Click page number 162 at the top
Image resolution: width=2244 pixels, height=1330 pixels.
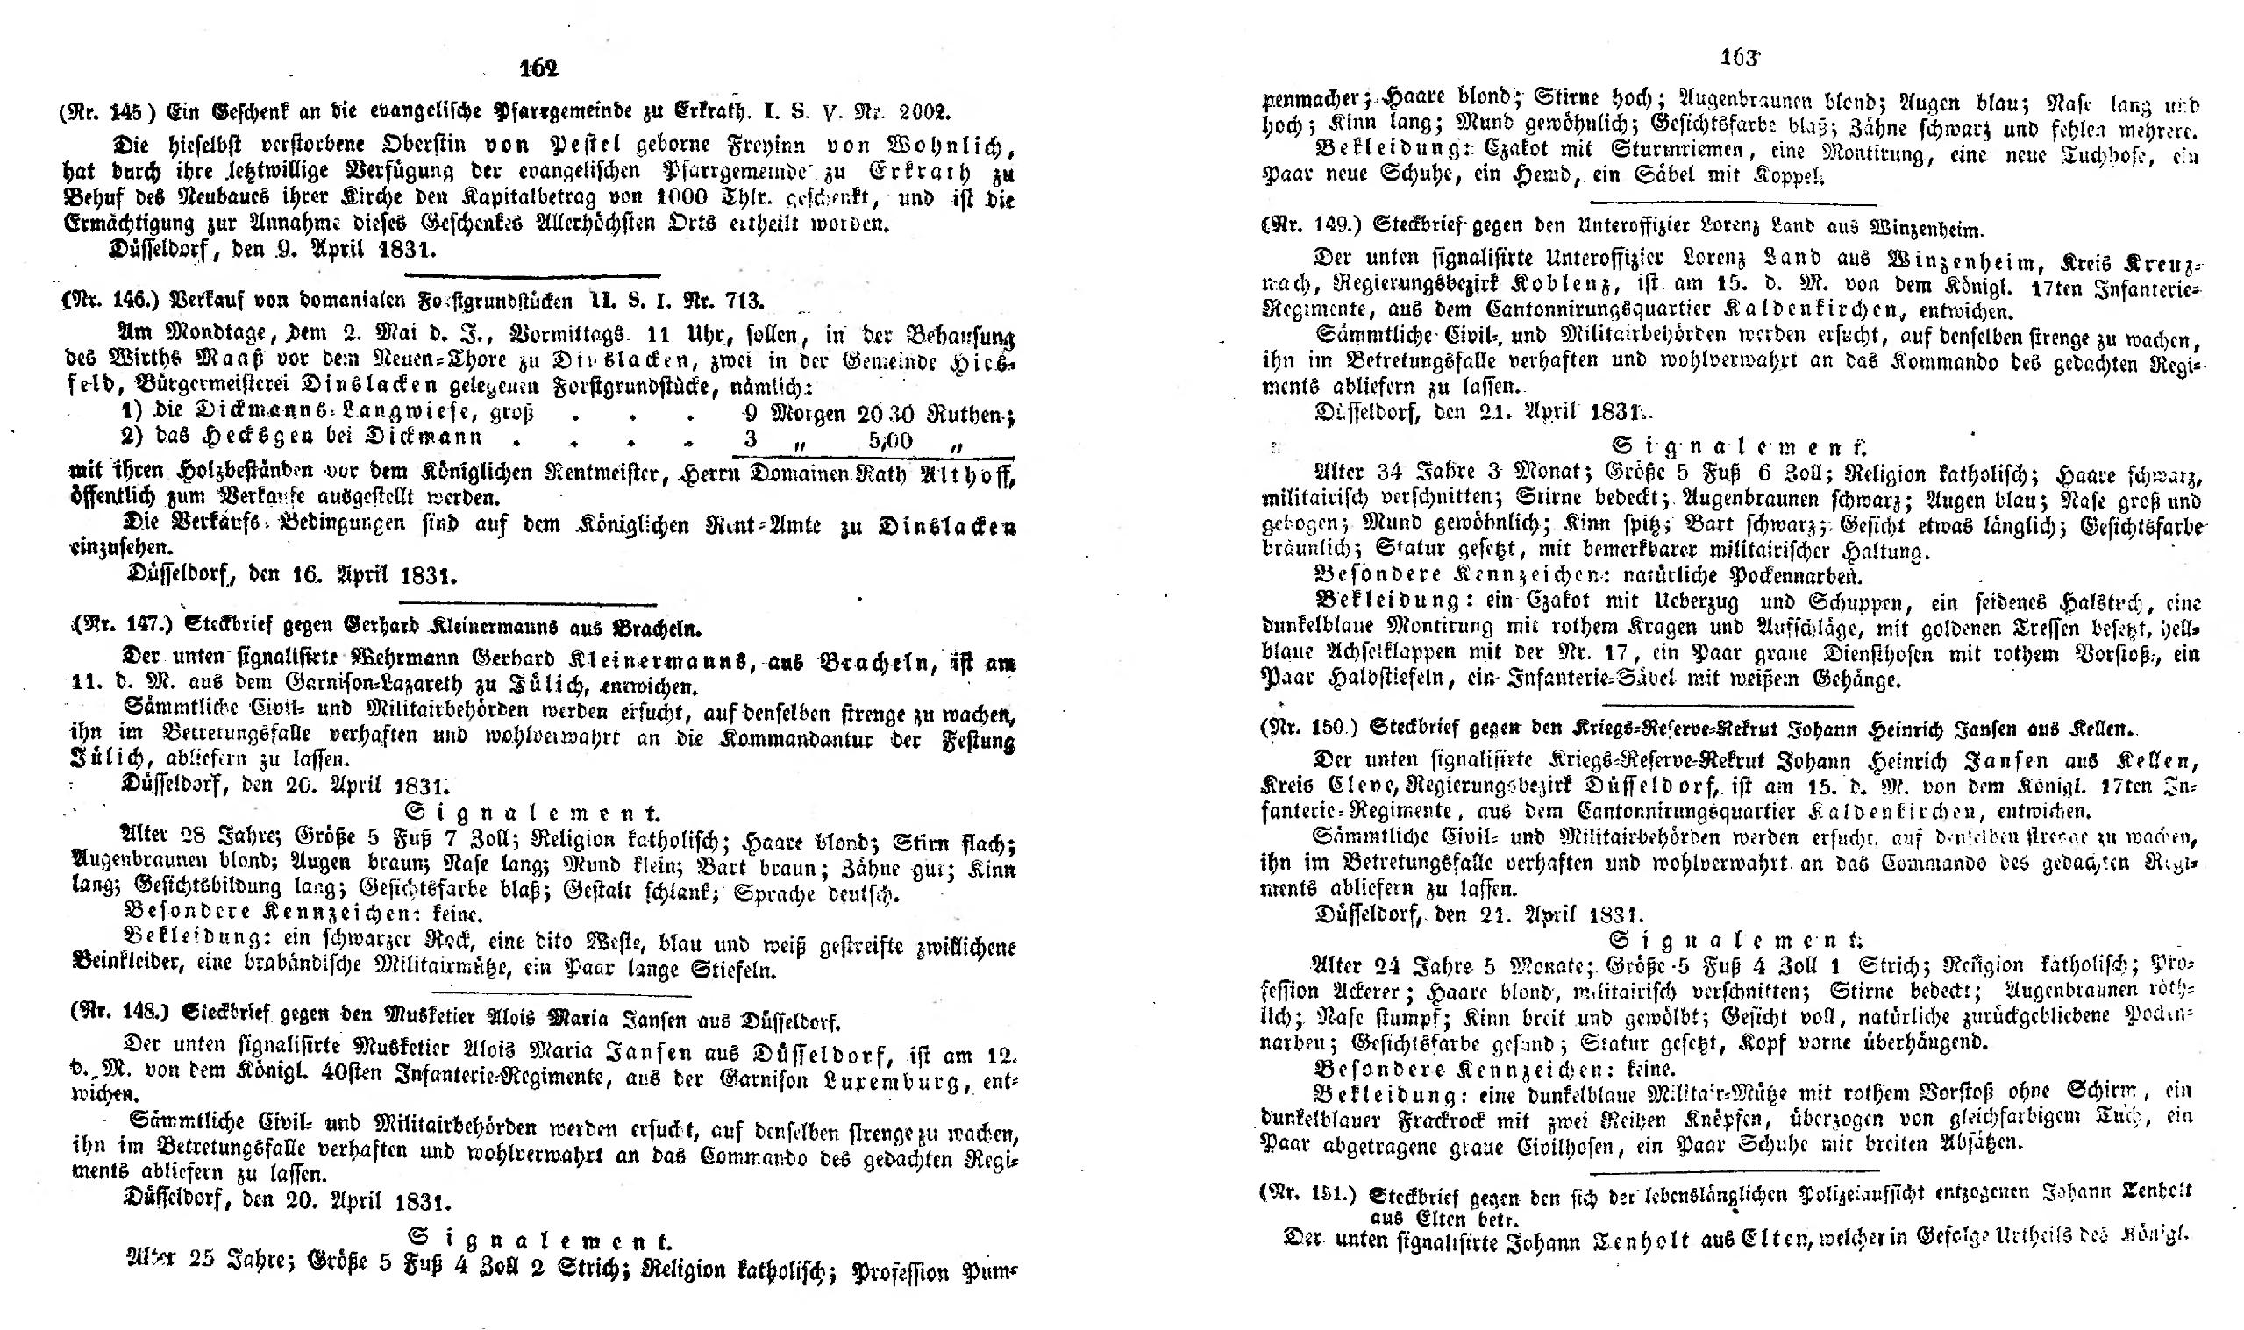click(538, 68)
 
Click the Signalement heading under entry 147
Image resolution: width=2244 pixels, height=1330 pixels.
click(533, 814)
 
